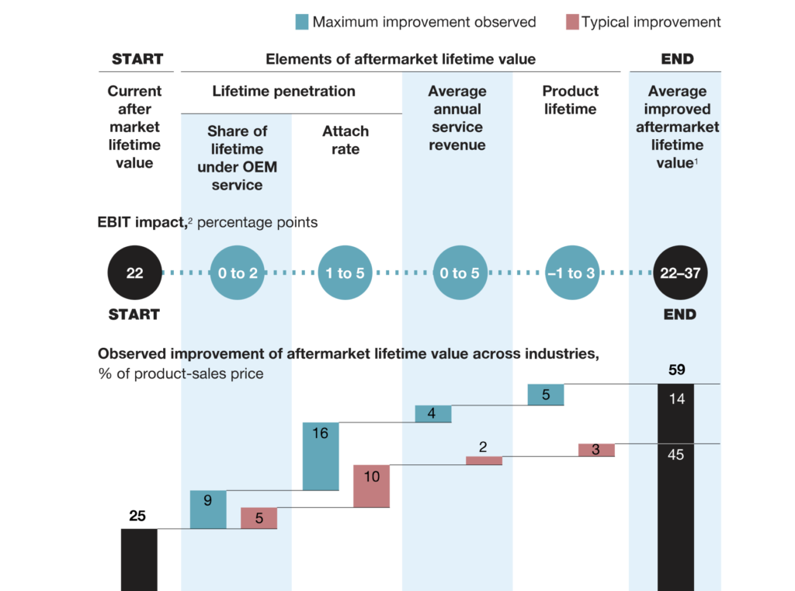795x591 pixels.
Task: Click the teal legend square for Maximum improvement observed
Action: point(301,22)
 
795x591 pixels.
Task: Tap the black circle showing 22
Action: point(134,273)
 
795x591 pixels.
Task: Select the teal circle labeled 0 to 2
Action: point(237,273)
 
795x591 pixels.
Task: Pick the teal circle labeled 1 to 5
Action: point(345,273)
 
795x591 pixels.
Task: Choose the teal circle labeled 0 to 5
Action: point(459,273)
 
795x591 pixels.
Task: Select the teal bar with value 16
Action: point(321,456)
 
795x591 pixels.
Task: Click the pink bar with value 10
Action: point(371,486)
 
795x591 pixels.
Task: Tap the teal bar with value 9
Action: point(208,509)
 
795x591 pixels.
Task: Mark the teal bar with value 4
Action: point(432,414)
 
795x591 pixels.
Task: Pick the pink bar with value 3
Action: point(596,450)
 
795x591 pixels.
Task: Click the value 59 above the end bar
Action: point(677,370)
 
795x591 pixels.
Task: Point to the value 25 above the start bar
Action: point(137,515)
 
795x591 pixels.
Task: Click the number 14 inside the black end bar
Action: point(675,399)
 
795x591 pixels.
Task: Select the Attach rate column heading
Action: point(345,140)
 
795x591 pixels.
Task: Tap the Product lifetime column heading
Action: point(571,100)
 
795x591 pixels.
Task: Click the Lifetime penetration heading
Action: point(283,91)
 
